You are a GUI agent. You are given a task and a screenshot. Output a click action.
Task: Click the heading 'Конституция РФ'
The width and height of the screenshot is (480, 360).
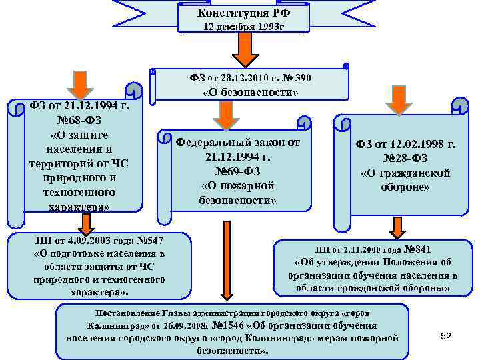click(x=244, y=13)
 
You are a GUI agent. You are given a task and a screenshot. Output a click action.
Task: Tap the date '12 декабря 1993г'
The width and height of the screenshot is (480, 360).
click(x=244, y=27)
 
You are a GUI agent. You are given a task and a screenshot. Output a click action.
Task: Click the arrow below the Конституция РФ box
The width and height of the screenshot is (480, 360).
click(x=244, y=49)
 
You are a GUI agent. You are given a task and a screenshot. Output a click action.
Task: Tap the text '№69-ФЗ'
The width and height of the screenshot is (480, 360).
click(x=237, y=171)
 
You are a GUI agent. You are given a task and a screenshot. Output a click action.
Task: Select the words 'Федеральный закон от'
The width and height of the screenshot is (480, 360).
click(x=237, y=142)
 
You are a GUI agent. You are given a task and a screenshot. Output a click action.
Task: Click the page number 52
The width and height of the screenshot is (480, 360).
click(x=446, y=337)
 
